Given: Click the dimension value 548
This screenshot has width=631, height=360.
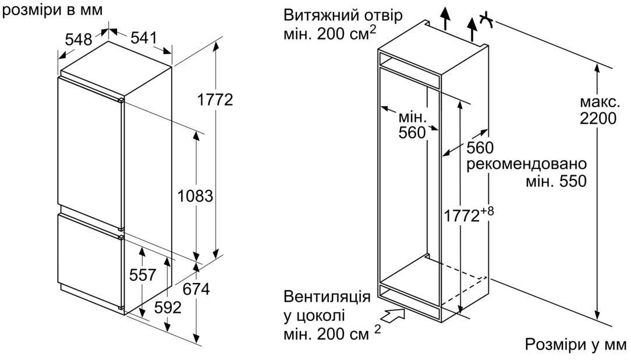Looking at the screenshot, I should (x=79, y=40).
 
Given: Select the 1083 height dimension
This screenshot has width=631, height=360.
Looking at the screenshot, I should (x=195, y=196).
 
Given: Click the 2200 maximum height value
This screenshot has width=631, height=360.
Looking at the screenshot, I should (x=598, y=119).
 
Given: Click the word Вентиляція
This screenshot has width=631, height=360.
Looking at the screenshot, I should (x=327, y=298).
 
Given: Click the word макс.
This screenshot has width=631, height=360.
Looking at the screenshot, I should (x=598, y=103).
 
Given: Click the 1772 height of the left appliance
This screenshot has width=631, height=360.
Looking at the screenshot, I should (x=215, y=100).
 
